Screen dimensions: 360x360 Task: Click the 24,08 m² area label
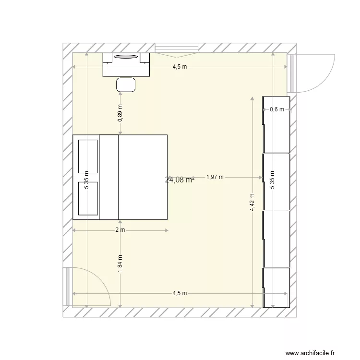coord(180,180)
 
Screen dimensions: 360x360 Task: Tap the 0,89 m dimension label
coord(120,113)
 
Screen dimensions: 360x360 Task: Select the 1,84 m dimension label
coord(120,264)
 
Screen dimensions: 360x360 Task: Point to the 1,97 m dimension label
coord(215,177)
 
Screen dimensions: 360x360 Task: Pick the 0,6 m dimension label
coord(277,109)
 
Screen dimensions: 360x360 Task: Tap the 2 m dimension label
coord(120,230)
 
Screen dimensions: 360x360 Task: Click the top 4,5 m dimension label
coord(180,67)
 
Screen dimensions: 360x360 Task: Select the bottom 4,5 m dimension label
coord(180,293)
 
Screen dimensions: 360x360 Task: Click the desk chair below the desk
coord(126,85)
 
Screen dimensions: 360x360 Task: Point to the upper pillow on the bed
coord(88,156)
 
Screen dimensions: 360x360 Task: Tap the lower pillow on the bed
coord(88,198)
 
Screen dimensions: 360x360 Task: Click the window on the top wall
coord(177,48)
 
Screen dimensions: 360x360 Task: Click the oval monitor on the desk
coord(126,57)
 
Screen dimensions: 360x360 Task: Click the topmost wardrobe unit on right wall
coord(276,124)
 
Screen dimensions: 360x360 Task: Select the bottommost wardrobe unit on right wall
coord(276,287)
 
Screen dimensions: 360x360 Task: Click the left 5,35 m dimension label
coord(86,180)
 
